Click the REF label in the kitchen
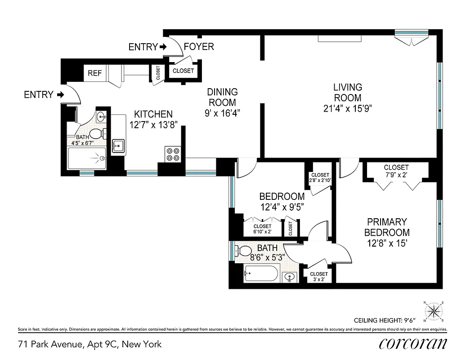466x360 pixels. [94, 73]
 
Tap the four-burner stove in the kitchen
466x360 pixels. [173, 154]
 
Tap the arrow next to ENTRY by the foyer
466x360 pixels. [163, 47]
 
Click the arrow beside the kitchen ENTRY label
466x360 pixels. [61, 95]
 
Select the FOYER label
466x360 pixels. [199, 47]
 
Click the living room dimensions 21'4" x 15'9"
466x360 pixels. [347, 108]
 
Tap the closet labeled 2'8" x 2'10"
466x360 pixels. [320, 178]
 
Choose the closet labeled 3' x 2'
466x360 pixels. [319, 276]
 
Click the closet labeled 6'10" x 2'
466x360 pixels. [262, 229]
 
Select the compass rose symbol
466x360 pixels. [434, 310]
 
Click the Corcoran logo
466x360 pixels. [413, 344]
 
